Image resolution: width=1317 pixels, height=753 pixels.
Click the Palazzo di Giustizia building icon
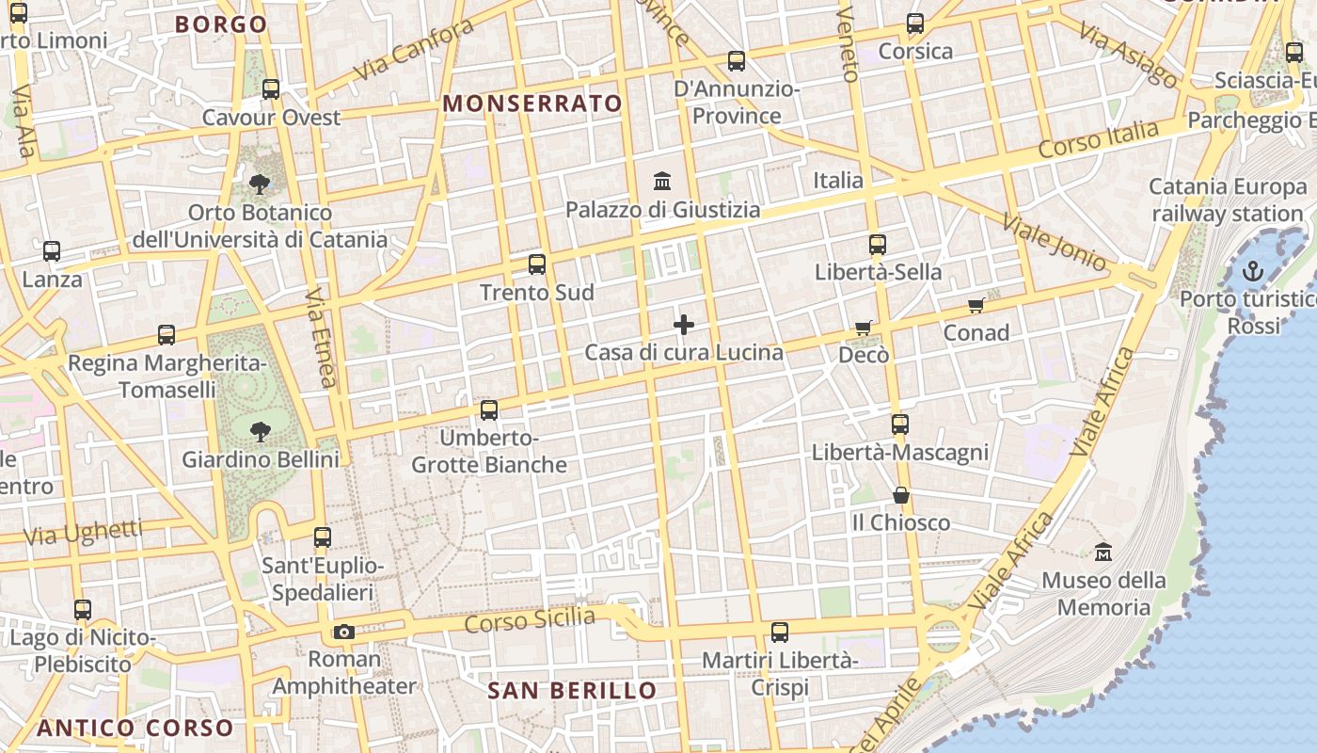662,181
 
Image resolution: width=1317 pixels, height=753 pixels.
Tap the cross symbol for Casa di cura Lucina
684,326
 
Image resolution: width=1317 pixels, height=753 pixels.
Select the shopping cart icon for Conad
976,305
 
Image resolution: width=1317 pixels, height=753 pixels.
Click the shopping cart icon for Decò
864,328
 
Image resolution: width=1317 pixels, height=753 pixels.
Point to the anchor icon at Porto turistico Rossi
1252,272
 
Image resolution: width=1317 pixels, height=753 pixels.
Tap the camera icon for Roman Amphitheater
344,632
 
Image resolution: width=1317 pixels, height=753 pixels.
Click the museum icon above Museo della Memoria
1103,553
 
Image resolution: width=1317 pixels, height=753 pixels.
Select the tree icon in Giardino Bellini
260,432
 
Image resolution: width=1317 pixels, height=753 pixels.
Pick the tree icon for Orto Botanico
259,184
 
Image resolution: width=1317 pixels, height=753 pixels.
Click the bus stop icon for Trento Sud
537,264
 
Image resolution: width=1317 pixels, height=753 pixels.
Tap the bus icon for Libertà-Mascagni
900,425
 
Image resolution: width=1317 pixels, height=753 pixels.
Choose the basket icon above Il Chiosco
901,495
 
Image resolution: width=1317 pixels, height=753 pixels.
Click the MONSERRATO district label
532,104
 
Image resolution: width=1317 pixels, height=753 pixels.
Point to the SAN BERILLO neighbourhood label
572,691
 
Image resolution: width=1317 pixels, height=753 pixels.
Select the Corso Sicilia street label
530,620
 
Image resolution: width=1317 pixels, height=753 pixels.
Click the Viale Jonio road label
1054,242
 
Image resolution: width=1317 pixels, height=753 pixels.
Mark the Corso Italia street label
1098,139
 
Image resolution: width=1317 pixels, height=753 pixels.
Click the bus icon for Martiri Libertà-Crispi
780,633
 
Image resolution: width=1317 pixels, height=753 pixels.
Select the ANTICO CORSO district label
135,728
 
